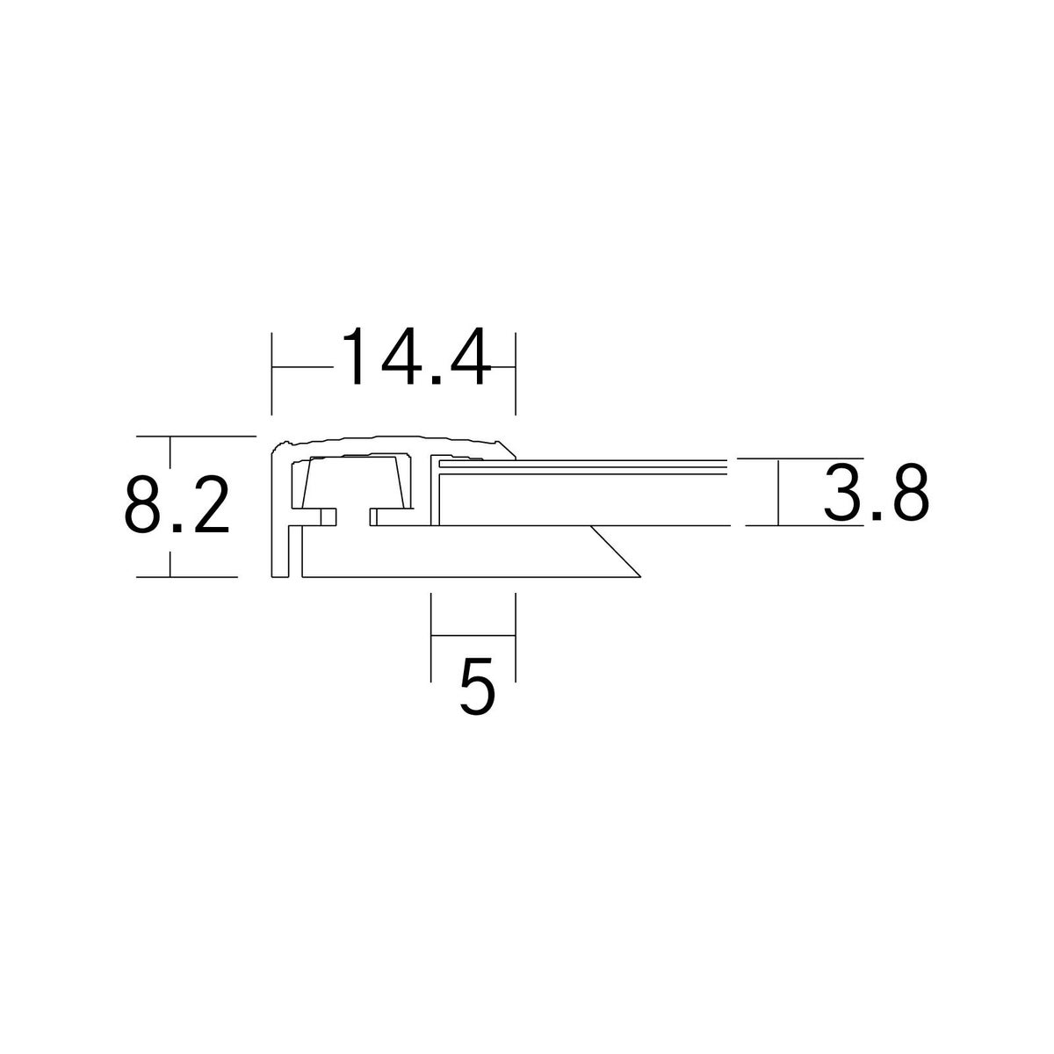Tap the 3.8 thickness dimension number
click(877, 494)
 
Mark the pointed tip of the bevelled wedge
click(640, 576)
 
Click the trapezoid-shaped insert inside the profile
click(355, 482)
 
